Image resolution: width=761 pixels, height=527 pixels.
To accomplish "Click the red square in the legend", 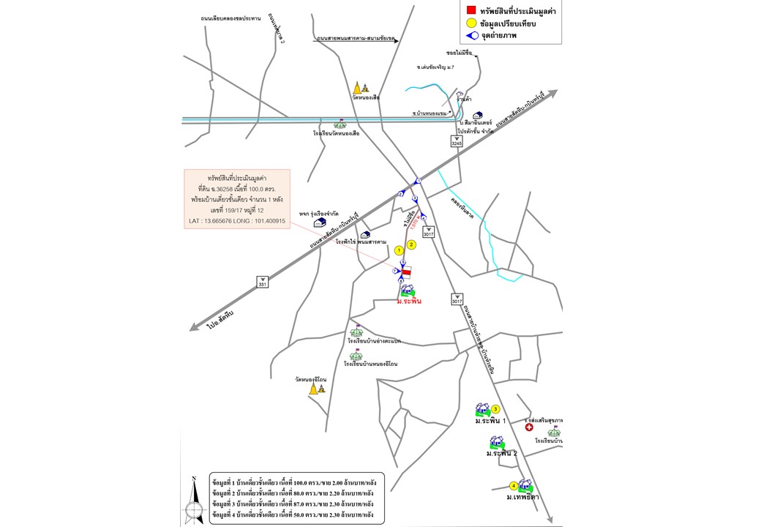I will point(471,10).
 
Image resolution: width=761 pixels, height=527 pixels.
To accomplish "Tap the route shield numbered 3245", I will point(457,143).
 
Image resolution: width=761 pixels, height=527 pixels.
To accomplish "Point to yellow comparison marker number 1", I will point(400,250).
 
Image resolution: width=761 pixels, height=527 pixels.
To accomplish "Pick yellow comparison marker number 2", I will point(411,244).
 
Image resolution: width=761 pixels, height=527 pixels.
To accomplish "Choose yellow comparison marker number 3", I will point(495,409).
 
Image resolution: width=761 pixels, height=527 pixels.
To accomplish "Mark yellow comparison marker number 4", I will point(514,485).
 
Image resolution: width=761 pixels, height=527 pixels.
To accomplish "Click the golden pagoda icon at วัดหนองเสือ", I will point(359,87).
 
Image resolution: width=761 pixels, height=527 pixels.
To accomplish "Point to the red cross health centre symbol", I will point(529,427).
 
